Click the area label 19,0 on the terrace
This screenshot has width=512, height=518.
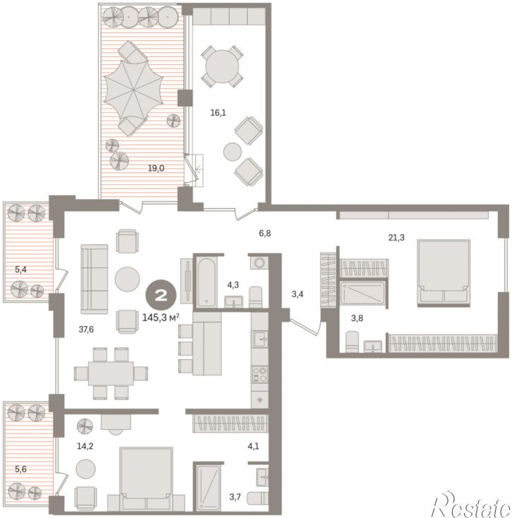click(156, 169)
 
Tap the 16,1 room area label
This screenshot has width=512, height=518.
click(218, 113)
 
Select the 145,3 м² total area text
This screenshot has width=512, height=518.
click(161, 318)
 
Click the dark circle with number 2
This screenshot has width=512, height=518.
click(161, 295)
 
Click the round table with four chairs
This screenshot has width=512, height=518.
click(222, 66)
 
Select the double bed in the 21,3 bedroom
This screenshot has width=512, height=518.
click(443, 273)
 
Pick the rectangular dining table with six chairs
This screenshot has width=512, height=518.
click(111, 373)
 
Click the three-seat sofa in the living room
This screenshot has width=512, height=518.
click(95, 279)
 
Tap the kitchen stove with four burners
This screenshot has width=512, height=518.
click(260, 375)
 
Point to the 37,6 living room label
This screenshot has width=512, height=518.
click(86, 330)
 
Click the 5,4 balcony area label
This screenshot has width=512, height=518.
click(20, 270)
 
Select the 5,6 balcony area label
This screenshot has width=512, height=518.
click(20, 469)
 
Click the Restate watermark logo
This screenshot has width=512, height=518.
click(471, 504)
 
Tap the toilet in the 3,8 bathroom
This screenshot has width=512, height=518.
click(352, 342)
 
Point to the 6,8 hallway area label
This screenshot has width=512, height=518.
click(265, 234)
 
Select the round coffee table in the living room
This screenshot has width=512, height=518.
click(127, 279)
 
